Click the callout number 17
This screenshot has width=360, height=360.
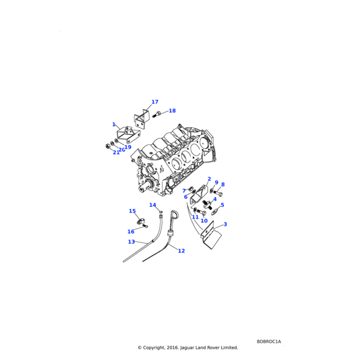155,102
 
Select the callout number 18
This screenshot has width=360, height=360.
172,111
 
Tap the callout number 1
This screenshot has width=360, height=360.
113,124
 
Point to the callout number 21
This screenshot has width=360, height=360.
116,152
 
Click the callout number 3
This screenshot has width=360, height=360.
225,224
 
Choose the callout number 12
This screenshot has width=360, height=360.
181,251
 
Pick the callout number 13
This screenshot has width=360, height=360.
131,242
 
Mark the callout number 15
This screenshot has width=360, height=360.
132,211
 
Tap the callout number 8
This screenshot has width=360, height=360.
223,185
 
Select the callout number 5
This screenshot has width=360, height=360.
222,205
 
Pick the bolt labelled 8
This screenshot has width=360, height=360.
219,193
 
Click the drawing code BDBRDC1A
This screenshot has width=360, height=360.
268,341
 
